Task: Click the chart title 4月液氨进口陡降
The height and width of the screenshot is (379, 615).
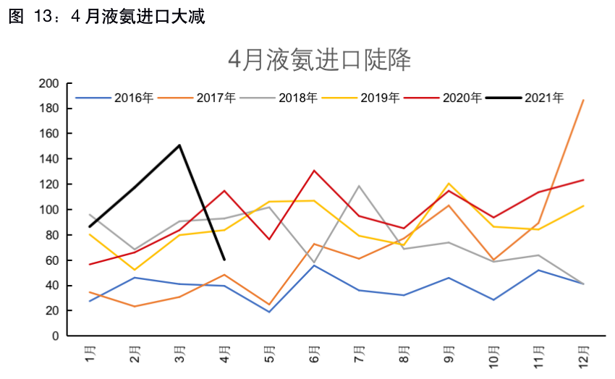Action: click(x=319, y=59)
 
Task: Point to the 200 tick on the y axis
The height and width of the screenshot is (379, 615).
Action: click(x=48, y=84)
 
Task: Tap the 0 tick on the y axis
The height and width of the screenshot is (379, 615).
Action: click(x=54, y=336)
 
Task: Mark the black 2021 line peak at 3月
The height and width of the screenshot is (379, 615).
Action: click(x=179, y=145)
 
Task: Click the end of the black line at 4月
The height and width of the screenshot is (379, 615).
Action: click(x=224, y=259)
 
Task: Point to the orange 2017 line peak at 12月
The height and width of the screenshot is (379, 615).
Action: click(x=583, y=100)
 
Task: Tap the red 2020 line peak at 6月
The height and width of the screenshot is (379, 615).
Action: click(x=314, y=171)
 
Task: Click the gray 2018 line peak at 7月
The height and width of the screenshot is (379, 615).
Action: click(x=359, y=186)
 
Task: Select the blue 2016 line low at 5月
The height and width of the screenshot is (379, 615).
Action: click(x=269, y=312)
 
